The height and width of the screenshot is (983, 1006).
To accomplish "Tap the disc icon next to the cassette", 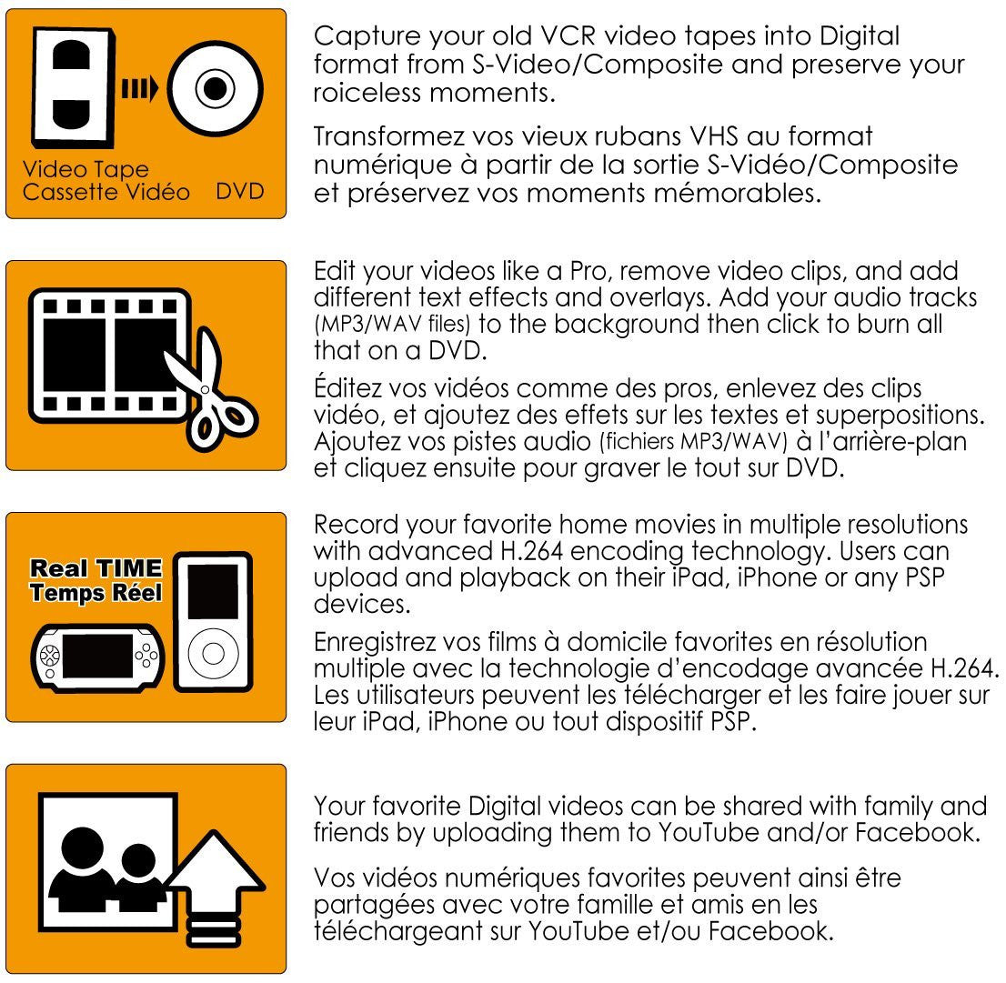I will coord(215,89).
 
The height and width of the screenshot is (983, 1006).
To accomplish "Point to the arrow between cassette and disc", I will coord(139,89).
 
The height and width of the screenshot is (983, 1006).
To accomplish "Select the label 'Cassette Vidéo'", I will coord(106,192).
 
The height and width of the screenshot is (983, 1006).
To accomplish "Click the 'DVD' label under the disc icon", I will coord(240,192).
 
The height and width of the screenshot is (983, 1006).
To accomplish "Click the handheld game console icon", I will coord(97,655).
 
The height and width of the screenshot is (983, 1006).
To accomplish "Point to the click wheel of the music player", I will coord(213,653).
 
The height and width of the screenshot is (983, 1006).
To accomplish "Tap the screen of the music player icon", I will coord(213,593).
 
